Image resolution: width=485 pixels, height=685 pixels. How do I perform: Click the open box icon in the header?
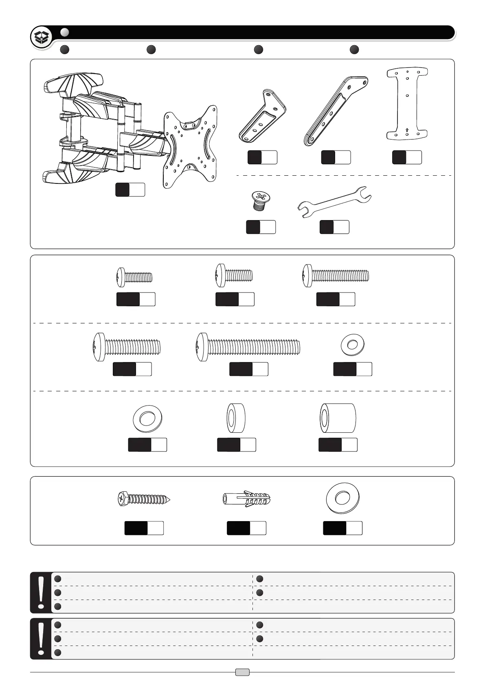(x=42, y=37)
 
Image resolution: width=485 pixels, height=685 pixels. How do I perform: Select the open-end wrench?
(x=334, y=202)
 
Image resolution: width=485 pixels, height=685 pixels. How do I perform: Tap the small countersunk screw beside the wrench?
(x=259, y=201)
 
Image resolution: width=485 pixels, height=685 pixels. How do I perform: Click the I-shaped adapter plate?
(x=407, y=103)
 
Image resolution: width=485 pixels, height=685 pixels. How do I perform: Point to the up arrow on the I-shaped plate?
(x=407, y=131)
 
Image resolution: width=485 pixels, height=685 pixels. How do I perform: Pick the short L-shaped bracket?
(x=262, y=116)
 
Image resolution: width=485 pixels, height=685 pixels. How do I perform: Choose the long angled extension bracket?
(x=336, y=110)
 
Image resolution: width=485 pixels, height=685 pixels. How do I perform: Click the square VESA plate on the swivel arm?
(x=190, y=147)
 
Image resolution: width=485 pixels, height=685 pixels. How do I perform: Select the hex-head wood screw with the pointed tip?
(x=143, y=499)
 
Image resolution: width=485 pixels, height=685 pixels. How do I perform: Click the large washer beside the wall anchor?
(x=343, y=498)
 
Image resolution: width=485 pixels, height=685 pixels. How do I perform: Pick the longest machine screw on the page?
(x=248, y=347)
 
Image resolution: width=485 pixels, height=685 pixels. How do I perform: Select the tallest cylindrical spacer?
(x=338, y=418)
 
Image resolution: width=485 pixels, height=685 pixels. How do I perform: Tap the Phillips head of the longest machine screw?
(x=201, y=347)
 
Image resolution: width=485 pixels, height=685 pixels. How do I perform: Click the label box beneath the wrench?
(x=334, y=227)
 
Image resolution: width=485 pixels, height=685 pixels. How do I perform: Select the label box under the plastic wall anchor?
(x=246, y=528)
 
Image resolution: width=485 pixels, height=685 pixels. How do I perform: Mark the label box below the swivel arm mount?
(x=130, y=190)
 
